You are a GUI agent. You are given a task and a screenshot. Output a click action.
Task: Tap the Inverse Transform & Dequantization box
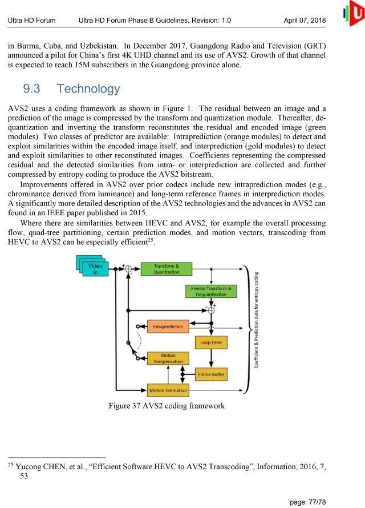[211, 291]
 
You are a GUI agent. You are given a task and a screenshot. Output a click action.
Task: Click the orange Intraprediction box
[168, 326]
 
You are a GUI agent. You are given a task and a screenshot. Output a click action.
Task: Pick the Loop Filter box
[212, 342]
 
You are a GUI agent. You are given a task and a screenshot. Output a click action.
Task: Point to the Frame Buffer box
[212, 374]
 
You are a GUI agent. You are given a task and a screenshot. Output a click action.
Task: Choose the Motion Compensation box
[168, 359]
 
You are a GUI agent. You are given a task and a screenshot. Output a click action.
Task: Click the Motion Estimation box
[168, 390]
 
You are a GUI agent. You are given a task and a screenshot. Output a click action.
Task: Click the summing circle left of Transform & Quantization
[128, 269]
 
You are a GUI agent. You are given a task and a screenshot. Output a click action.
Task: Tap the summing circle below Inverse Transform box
[211, 310]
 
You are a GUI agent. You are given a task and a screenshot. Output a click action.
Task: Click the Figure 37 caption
[167, 406]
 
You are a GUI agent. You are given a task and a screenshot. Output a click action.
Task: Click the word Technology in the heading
[88, 88]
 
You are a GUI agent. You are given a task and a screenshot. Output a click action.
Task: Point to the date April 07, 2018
[305, 21]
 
